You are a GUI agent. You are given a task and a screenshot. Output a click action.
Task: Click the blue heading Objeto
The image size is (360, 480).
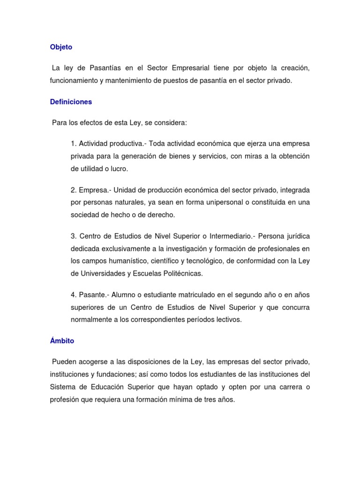61,47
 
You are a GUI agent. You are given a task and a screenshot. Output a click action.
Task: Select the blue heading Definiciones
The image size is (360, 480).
71,102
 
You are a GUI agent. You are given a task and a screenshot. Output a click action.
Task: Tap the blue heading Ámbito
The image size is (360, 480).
62,341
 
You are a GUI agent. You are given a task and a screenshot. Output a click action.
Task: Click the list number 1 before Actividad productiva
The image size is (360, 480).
74,143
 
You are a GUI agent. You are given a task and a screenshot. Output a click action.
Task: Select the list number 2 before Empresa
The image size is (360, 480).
74,190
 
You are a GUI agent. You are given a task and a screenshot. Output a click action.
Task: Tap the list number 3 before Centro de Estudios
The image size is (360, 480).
74,236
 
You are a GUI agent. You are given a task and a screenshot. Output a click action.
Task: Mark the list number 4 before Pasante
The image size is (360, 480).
74,295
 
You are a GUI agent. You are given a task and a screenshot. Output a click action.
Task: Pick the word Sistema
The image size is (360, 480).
62,387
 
